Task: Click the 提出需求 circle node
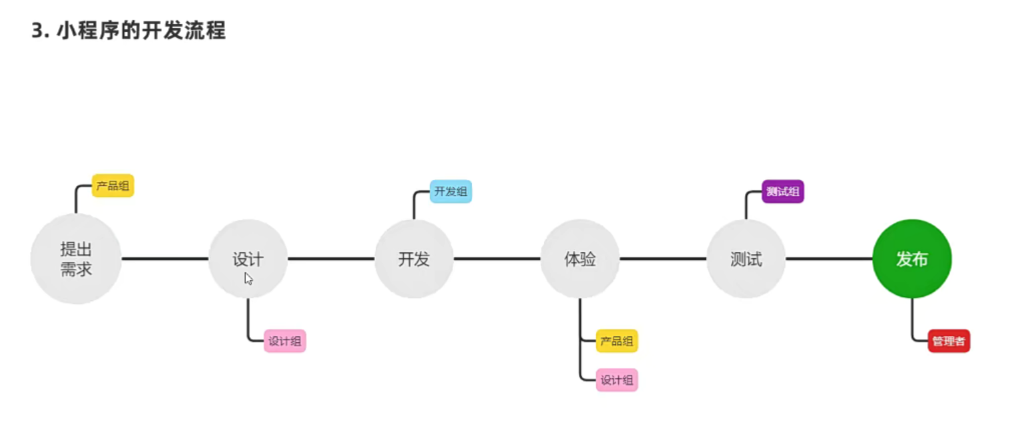click(75, 259)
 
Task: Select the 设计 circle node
click(248, 259)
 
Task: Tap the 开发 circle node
click(414, 259)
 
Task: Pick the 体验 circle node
click(579, 259)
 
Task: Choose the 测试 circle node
click(746, 259)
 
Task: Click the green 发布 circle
click(912, 259)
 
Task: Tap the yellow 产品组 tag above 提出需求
click(113, 185)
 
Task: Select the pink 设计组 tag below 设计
click(285, 341)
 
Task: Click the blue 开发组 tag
click(451, 191)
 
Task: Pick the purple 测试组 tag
click(783, 191)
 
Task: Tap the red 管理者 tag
click(949, 341)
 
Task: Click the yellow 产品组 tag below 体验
click(617, 341)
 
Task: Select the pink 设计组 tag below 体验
click(617, 380)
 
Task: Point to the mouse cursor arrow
click(248, 278)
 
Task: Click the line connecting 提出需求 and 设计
click(165, 259)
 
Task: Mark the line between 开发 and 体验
click(497, 259)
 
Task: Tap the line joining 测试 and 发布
click(829, 259)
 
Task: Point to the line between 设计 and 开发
click(331, 259)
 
